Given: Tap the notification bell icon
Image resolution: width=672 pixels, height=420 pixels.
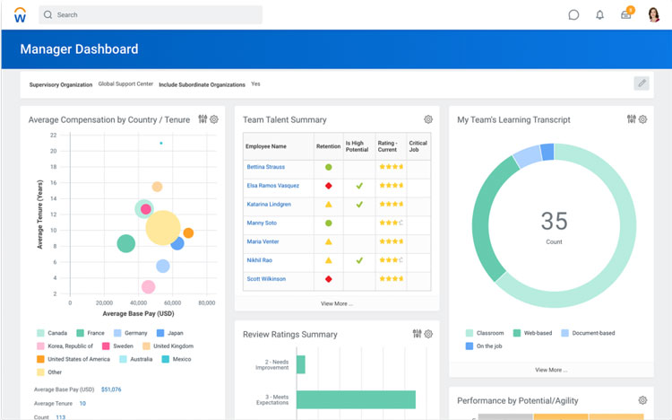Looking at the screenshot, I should coord(600,15).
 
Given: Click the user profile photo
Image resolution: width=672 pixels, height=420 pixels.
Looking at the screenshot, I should coord(654,14).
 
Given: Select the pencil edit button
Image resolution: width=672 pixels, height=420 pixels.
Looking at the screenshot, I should coord(642,83).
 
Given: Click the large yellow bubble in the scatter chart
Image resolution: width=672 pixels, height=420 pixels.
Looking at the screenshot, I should coord(162,228).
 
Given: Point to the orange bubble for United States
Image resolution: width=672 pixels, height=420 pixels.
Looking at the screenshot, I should coord(188,233).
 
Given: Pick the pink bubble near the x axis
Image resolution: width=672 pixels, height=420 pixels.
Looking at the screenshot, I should coord(148,287).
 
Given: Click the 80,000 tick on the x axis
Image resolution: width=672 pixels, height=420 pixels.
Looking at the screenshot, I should coord(206,303).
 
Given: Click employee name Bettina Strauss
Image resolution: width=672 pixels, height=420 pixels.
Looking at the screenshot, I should coord(267,167).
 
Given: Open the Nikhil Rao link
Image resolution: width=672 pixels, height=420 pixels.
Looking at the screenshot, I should coord(261,260).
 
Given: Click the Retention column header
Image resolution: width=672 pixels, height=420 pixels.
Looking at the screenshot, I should coord(328,146).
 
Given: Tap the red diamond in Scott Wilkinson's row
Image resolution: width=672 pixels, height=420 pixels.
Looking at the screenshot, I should coord(329,279).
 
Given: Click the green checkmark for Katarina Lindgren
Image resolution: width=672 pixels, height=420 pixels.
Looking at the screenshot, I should coord(359,205).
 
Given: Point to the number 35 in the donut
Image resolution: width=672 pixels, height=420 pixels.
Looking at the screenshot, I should coord(554,221).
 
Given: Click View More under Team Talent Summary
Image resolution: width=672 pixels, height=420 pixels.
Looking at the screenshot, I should coord(337,303).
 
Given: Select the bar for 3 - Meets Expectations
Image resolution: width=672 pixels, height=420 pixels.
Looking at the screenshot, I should coord(356,399).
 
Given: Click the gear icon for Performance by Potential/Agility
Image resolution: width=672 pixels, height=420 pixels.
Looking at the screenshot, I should coord(642,400).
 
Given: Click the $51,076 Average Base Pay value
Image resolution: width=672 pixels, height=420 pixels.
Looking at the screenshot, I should coord(111,389).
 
